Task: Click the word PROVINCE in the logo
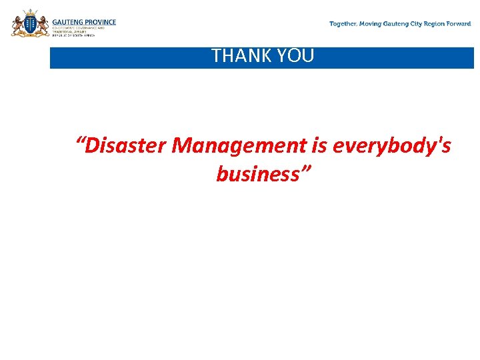click(101, 22)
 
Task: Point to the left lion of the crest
click(18, 26)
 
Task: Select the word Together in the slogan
click(343, 24)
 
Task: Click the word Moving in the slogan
click(371, 24)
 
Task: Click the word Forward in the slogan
click(460, 24)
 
